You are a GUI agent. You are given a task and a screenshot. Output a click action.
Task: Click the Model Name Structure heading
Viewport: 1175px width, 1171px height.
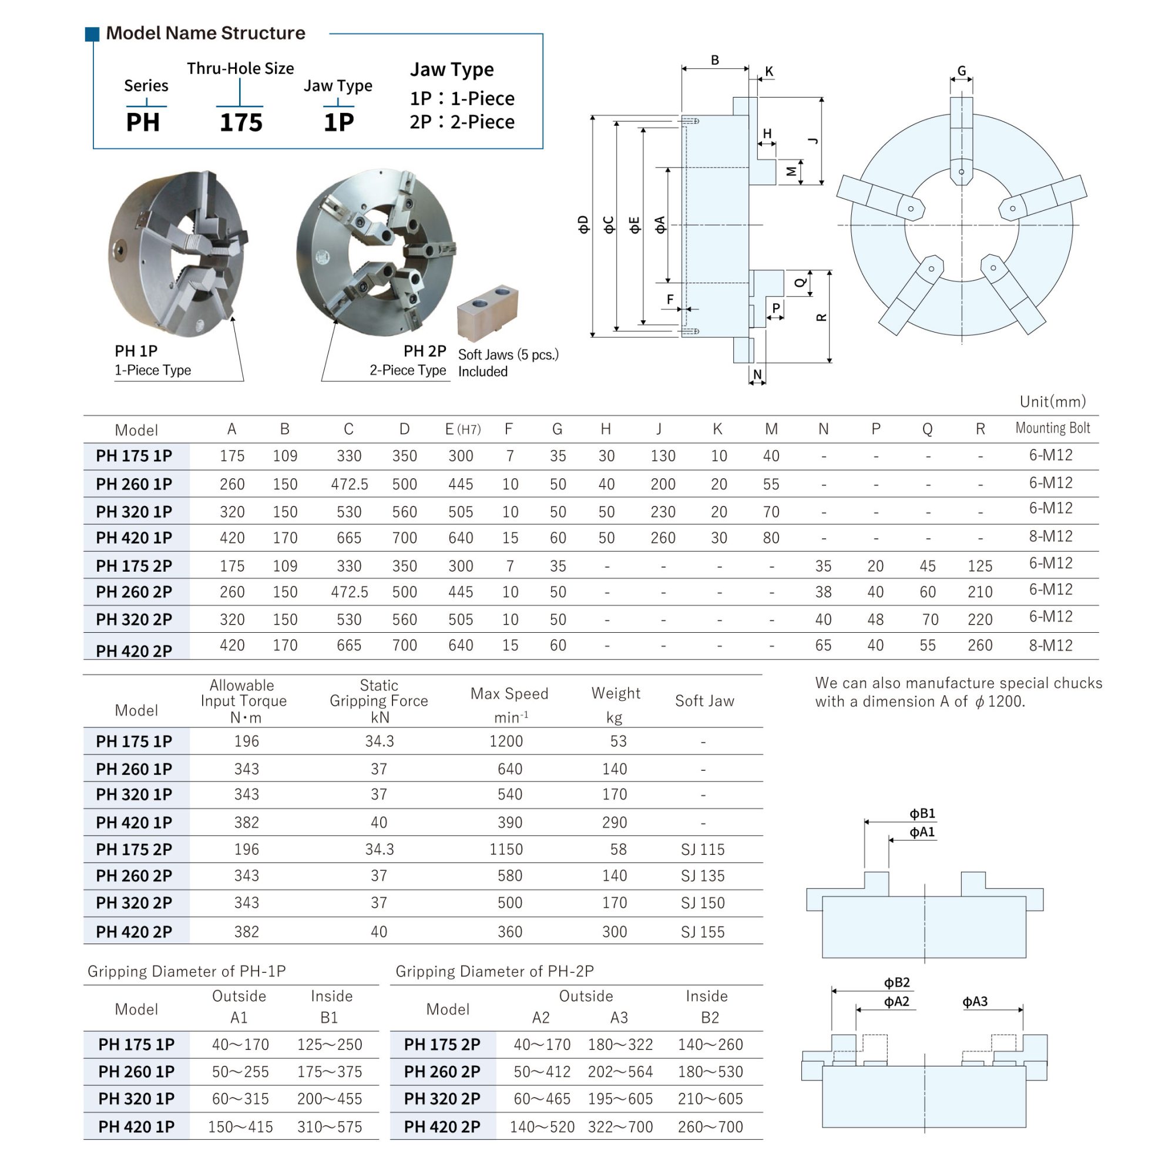[205, 33]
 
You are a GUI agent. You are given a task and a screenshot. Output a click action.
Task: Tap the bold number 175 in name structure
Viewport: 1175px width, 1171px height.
[241, 122]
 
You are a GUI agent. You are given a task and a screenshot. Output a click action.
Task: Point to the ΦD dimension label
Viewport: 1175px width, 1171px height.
[583, 224]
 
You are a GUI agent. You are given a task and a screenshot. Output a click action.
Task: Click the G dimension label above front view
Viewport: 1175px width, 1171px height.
[962, 71]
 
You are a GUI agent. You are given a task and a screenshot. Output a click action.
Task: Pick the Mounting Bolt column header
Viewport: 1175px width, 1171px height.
[1052, 428]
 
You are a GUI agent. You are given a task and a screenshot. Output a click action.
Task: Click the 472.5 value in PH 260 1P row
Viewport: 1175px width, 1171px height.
[349, 484]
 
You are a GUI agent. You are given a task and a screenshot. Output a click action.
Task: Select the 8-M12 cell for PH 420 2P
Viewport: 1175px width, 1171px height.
[1050, 645]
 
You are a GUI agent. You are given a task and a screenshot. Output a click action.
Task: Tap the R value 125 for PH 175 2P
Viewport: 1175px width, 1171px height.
[980, 566]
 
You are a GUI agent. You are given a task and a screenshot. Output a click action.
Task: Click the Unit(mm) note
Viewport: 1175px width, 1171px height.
[1052, 401]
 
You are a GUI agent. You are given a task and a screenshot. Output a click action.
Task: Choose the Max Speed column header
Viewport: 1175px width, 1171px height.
[509, 693]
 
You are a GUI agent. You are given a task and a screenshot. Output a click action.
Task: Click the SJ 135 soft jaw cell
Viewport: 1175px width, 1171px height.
[703, 875]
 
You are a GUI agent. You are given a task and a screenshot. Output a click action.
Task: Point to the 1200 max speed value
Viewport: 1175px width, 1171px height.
[506, 741]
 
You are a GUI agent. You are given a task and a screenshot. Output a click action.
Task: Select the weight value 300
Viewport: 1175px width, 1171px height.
[615, 931]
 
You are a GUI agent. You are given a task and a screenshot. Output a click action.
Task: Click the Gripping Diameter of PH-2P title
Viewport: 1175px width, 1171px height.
[495, 971]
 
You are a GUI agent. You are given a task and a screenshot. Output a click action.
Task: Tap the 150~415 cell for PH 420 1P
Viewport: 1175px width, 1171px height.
[240, 1126]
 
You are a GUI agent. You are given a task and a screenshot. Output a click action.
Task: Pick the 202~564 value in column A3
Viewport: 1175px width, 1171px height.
[620, 1071]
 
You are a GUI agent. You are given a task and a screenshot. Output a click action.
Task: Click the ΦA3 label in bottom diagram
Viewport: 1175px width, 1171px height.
[974, 1001]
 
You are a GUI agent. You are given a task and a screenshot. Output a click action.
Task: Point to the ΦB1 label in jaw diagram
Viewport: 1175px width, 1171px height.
[922, 813]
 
